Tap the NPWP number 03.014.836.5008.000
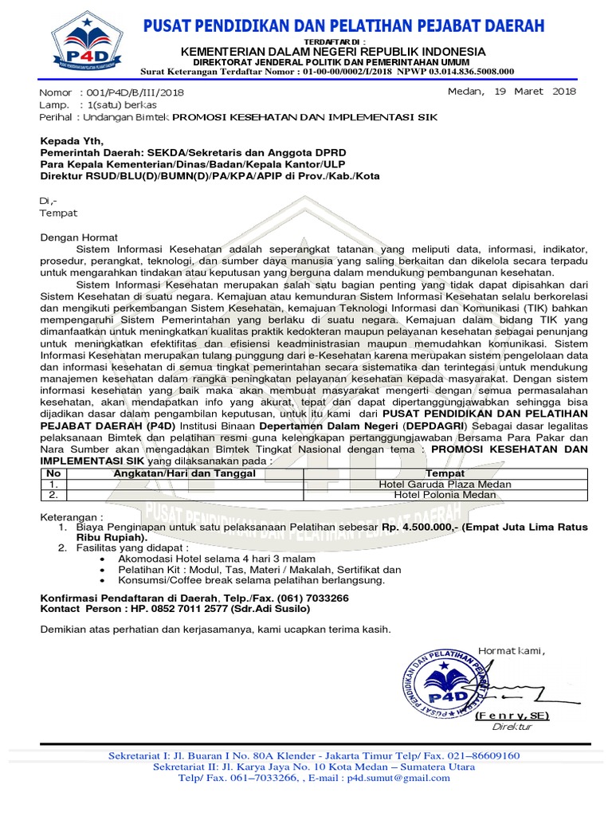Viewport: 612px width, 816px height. (463, 71)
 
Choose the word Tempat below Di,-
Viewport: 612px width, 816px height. (59, 213)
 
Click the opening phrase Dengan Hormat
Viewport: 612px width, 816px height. (79, 237)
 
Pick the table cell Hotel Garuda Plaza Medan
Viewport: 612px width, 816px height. (445, 484)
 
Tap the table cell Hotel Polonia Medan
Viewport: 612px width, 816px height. (445, 495)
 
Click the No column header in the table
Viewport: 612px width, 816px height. (53, 473)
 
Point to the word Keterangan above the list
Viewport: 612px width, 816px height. (72, 516)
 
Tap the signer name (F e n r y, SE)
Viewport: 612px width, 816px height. (512, 716)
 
